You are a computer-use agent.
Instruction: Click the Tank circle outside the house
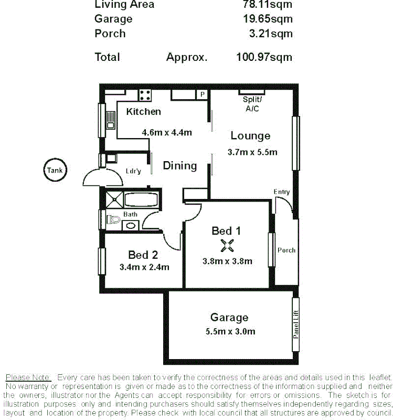(x=54, y=170)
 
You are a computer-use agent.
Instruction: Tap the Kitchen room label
(x=143, y=111)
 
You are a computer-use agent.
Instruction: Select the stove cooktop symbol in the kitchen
(x=145, y=95)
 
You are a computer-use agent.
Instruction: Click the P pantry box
(x=201, y=94)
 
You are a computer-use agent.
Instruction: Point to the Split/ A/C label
(x=252, y=104)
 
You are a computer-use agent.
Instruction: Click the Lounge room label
(x=250, y=136)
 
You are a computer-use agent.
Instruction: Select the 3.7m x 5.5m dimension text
(x=252, y=152)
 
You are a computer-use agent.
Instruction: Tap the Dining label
(x=179, y=166)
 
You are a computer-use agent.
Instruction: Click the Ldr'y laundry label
(x=133, y=171)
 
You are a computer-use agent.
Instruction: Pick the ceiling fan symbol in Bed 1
(x=226, y=245)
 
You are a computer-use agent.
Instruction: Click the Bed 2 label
(x=143, y=255)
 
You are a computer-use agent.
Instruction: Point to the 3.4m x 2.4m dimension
(x=144, y=267)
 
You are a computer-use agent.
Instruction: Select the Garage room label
(x=229, y=318)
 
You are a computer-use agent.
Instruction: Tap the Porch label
(x=286, y=250)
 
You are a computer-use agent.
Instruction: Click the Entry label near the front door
(x=281, y=192)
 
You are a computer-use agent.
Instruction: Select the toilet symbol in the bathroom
(x=111, y=219)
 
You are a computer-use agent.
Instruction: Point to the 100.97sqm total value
(x=264, y=57)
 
